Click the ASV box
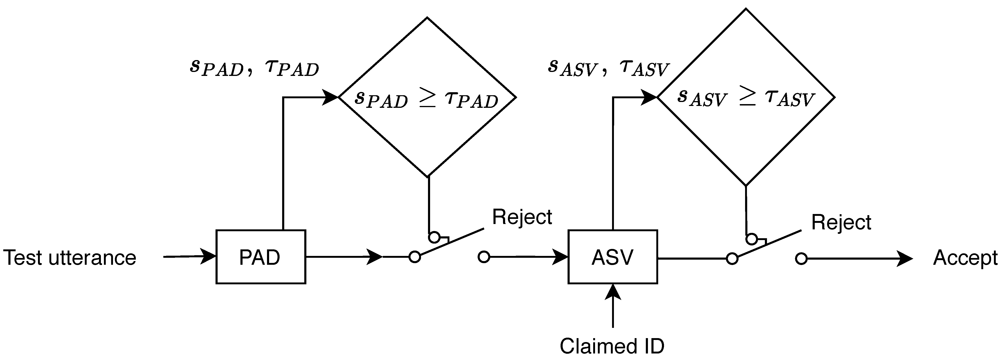click(x=613, y=257)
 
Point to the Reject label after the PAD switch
click(x=522, y=217)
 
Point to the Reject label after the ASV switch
click(x=841, y=223)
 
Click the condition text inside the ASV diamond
click(x=745, y=98)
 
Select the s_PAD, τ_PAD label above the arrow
click(x=254, y=68)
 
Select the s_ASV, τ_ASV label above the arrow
click(x=608, y=68)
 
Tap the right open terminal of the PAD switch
click(x=484, y=257)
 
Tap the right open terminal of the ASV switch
click(x=801, y=258)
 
